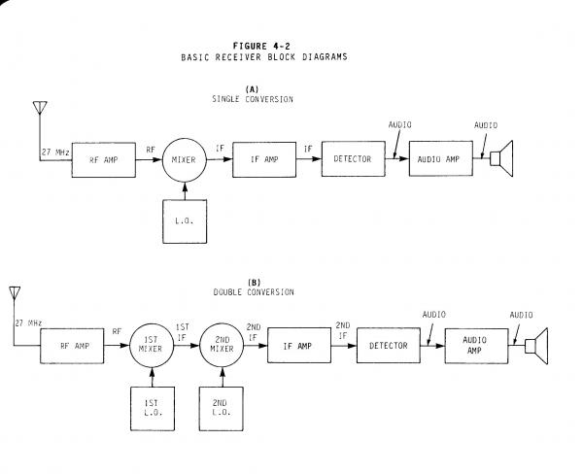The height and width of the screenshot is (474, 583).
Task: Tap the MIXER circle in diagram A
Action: [x=184, y=161]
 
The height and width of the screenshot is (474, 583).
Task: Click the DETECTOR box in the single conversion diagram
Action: [x=351, y=158]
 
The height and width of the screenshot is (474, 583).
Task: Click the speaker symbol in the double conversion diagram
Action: [x=538, y=344]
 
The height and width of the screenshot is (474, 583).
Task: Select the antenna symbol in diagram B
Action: [x=13, y=294]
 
